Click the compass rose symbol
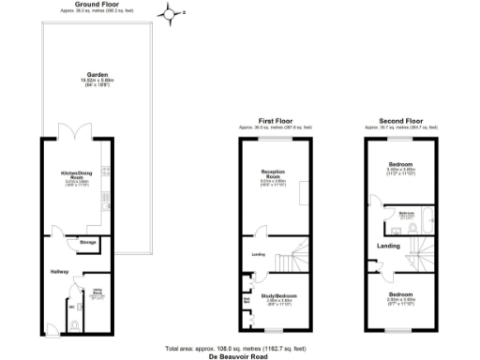coord(168,12)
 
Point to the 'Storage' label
coord(88,243)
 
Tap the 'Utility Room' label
coord(97,293)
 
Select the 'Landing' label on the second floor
coord(389,247)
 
